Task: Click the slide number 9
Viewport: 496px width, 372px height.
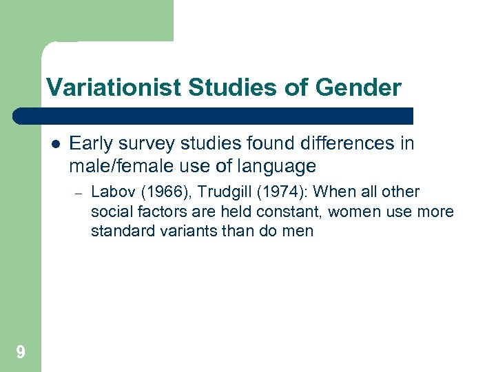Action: tap(21, 353)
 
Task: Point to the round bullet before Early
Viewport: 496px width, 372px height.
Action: tap(55, 144)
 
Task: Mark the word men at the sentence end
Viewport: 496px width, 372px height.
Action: tap(298, 231)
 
